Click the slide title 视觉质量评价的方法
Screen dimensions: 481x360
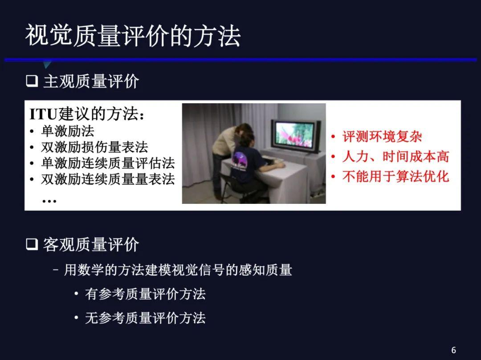point(133,36)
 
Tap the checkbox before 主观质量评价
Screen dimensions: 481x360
point(32,81)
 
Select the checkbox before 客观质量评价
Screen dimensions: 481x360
point(32,244)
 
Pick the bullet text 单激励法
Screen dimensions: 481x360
point(68,131)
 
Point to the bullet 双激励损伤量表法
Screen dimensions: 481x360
point(94,147)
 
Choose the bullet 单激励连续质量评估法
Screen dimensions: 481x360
point(108,163)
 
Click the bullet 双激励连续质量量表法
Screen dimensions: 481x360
point(108,179)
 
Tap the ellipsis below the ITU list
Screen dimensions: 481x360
point(49,201)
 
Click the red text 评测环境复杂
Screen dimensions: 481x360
point(382,137)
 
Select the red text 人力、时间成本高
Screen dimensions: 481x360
point(396,157)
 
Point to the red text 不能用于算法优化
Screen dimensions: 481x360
point(396,177)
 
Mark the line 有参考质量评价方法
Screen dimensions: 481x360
point(145,294)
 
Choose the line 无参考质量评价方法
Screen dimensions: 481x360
point(145,318)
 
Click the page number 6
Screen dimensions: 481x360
point(454,350)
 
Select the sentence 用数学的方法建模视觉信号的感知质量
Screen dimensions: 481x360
point(178,270)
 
